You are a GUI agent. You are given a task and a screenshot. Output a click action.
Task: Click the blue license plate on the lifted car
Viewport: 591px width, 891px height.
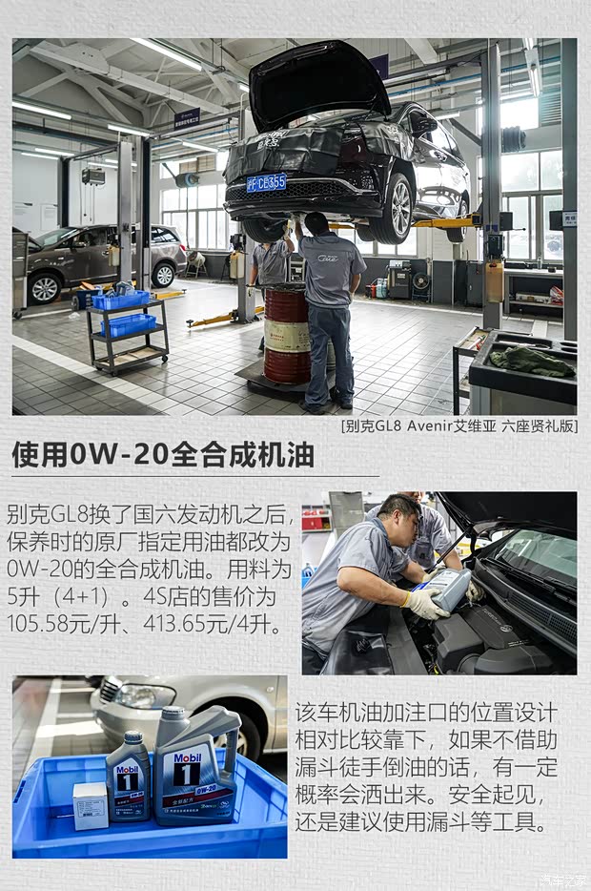coord(266,182)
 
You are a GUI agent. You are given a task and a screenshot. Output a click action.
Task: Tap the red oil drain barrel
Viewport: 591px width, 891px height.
coord(286,333)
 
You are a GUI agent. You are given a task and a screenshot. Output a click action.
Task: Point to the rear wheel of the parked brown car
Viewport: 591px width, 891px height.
coord(164,275)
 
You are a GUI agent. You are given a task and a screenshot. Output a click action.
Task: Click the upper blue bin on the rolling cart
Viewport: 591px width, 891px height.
coord(121,300)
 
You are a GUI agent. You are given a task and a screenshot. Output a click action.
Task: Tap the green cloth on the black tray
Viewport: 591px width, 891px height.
coord(532,361)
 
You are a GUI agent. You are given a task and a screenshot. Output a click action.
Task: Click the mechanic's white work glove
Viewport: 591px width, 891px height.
coord(425,603)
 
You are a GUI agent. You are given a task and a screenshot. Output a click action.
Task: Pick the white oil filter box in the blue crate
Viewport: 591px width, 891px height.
coord(91,805)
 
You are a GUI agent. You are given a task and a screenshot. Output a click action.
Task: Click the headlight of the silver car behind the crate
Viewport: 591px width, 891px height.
coord(144,695)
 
